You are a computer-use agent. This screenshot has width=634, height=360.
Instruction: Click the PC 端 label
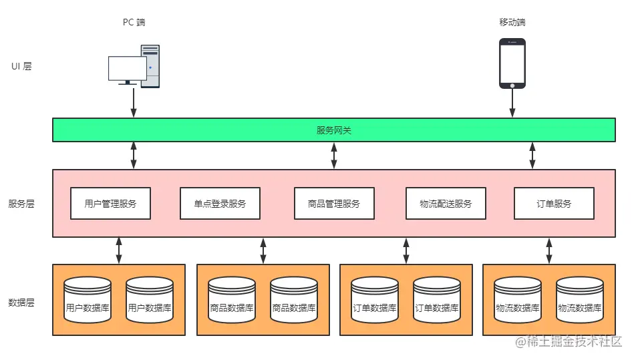click(134, 22)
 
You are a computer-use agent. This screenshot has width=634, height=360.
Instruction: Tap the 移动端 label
click(512, 22)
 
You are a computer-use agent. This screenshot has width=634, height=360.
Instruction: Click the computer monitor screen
click(128, 68)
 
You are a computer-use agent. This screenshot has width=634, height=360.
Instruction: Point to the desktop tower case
click(151, 65)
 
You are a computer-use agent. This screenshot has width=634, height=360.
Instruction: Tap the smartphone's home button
click(512, 85)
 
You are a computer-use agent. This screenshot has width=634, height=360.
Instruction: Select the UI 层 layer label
click(21, 66)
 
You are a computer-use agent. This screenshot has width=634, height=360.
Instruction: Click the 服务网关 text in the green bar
click(334, 130)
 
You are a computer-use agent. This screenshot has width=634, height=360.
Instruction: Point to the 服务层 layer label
click(21, 204)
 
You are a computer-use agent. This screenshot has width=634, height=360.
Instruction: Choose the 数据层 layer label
click(21, 303)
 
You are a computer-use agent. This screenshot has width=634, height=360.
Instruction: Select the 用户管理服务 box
click(111, 204)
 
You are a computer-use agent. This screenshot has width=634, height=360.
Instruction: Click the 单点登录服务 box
click(220, 204)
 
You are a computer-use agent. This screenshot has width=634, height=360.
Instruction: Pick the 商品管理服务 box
click(334, 204)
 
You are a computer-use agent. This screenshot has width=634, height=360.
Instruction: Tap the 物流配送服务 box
click(446, 204)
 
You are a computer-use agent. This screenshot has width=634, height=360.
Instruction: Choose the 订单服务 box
click(554, 204)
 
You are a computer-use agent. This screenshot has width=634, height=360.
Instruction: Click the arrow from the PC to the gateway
click(134, 102)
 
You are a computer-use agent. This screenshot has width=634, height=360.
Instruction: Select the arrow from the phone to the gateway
click(512, 104)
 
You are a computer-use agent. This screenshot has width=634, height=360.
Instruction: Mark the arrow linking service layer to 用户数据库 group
click(119, 250)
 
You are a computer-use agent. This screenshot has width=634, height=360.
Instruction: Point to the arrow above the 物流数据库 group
click(548, 250)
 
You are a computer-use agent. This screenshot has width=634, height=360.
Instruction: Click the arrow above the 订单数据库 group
click(406, 250)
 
